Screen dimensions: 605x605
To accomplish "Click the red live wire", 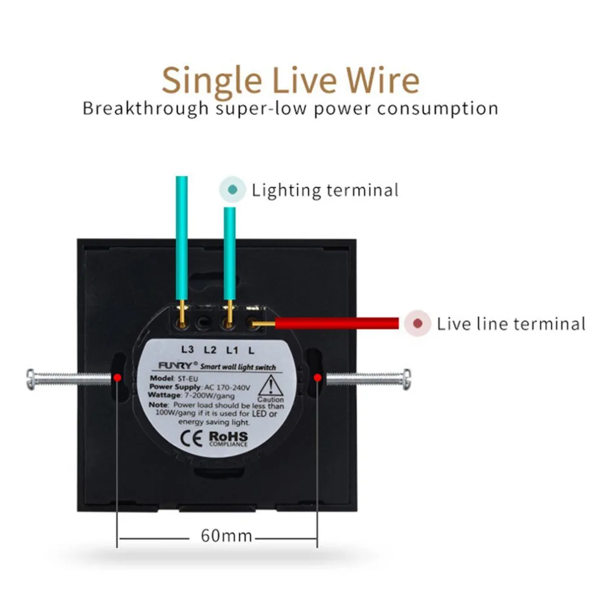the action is click(x=336, y=323).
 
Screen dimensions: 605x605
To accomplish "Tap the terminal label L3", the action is click(x=188, y=350).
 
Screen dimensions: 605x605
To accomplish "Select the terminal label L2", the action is click(x=210, y=350).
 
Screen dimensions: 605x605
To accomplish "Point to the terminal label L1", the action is click(x=232, y=350).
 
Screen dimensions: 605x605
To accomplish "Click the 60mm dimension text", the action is click(x=226, y=535).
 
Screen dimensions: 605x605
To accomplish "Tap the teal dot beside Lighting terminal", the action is click(x=233, y=189).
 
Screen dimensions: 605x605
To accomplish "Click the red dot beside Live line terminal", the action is click(x=417, y=323).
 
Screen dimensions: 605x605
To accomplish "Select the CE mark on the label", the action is click(x=191, y=438).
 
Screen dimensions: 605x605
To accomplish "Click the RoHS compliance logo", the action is click(x=229, y=439).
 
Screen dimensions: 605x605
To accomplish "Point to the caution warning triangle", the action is click(x=271, y=385).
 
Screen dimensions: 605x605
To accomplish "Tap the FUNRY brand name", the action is click(x=175, y=365).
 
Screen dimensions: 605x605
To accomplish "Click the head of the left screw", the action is click(x=30, y=379).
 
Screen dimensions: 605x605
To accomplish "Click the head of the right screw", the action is click(x=407, y=379).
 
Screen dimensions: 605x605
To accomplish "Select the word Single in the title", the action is click(x=212, y=80).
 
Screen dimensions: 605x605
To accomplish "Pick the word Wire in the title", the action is click(x=382, y=80).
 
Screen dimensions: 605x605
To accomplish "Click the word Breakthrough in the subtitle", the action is click(x=145, y=108).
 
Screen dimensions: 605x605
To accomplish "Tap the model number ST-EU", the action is click(x=188, y=379).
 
